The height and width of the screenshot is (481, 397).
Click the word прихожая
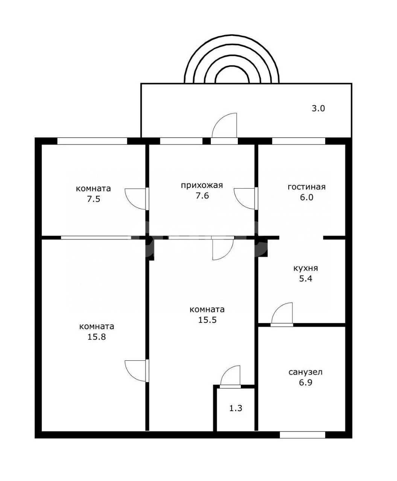[201, 185]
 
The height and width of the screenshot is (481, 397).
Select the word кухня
[305, 268]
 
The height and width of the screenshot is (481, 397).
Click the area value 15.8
[96, 337]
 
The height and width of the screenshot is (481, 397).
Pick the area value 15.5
[207, 320]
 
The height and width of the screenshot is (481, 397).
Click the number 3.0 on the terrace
[318, 108]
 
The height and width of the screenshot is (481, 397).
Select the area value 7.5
[93, 198]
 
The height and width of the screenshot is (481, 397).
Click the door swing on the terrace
[224, 125]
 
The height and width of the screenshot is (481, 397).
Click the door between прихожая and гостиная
[246, 198]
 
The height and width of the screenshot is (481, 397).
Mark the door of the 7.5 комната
[137, 198]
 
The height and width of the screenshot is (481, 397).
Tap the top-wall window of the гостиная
[298, 141]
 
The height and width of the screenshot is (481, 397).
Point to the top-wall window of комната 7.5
[92, 141]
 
